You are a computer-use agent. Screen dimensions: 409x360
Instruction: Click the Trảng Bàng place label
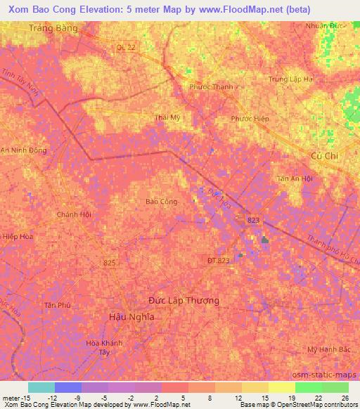(53, 28)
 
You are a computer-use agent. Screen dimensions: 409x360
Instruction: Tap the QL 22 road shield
(124, 47)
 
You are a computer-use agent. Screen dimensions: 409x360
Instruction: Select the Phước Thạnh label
(211, 87)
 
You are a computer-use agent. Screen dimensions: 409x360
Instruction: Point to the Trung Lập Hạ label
(290, 79)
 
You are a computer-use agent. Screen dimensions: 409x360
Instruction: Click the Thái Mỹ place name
(168, 117)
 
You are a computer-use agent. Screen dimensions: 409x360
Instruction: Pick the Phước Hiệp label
(250, 119)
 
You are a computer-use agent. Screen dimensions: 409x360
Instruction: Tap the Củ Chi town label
(325, 156)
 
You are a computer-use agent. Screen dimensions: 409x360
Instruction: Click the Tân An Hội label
(295, 178)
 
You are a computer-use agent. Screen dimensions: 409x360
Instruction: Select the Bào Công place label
(161, 202)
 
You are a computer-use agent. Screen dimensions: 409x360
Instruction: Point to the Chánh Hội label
(75, 214)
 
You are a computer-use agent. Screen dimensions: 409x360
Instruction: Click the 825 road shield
(109, 262)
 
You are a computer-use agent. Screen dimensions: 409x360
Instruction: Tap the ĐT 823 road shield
(218, 260)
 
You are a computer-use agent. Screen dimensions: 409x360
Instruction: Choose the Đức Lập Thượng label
(184, 300)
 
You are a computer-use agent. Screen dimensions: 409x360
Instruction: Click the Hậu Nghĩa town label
(132, 317)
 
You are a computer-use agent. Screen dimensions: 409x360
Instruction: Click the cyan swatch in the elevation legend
(41, 387)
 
